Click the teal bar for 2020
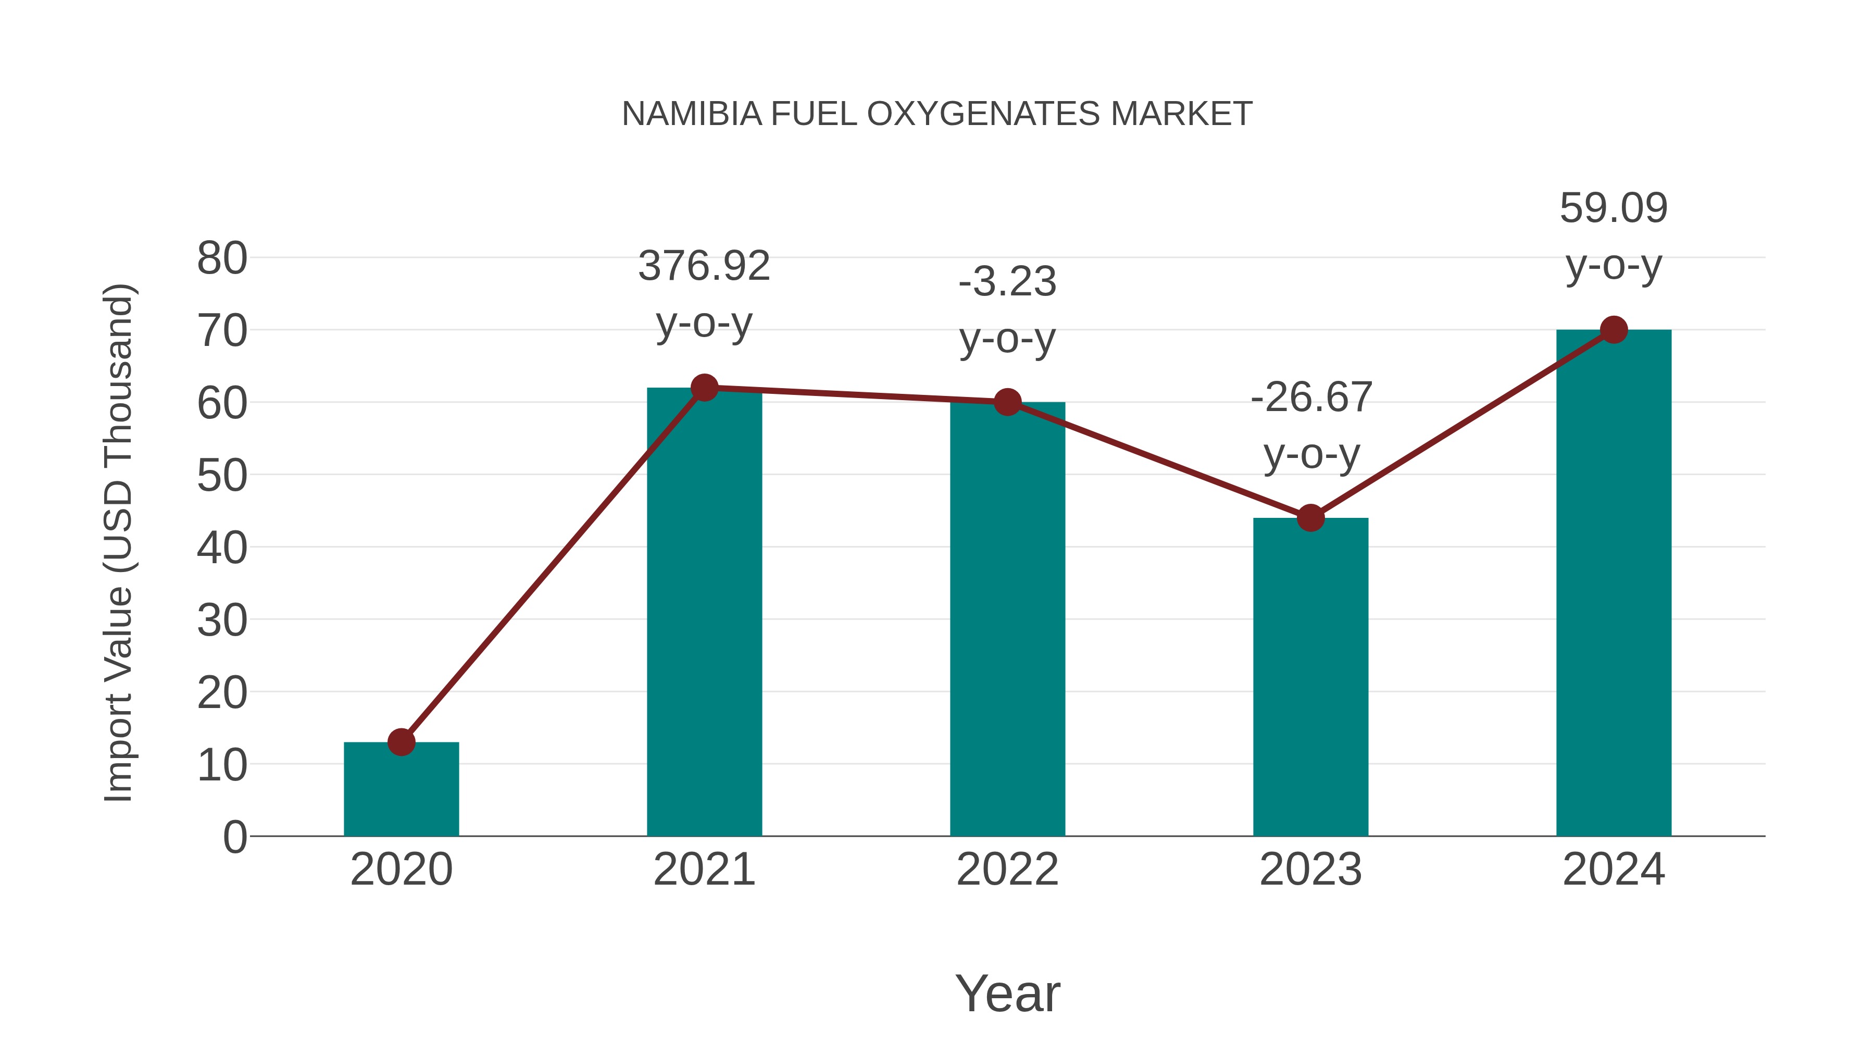(x=401, y=790)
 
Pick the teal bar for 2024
(x=1614, y=582)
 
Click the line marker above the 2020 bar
(x=401, y=742)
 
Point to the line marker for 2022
(x=1007, y=402)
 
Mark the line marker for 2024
(x=1614, y=330)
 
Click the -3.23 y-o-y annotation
(x=1007, y=309)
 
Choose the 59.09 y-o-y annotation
(x=1614, y=236)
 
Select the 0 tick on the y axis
(x=235, y=837)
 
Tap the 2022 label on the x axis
(x=1007, y=870)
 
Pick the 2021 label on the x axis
(x=704, y=870)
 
